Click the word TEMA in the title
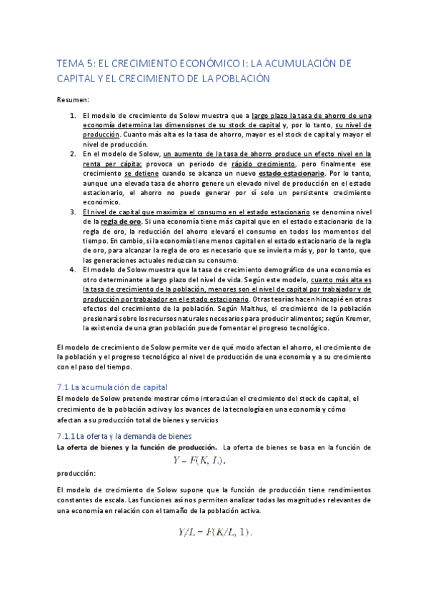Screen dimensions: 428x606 [x=70, y=64]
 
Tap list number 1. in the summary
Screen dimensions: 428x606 [x=73, y=116]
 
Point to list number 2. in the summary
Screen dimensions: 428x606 [x=73, y=154]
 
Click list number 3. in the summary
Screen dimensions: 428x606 [x=73, y=212]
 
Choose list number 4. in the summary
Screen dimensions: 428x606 [x=73, y=270]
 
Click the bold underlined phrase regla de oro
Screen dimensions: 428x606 [x=110, y=222]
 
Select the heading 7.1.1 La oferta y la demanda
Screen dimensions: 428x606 [x=124, y=435]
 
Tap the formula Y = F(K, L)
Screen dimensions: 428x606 [x=199, y=460]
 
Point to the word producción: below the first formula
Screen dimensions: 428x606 [x=76, y=473]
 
